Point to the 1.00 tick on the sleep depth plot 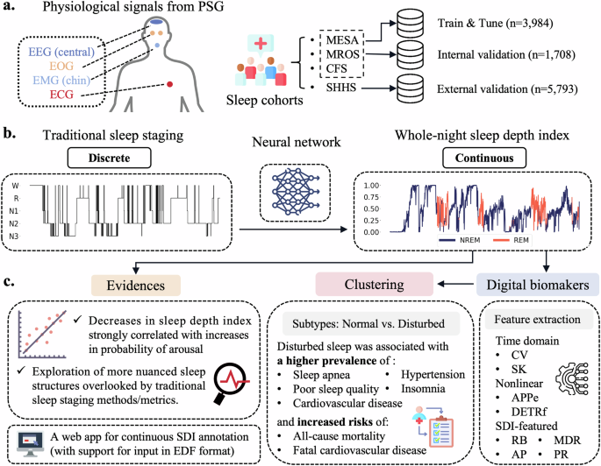[372, 187]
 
